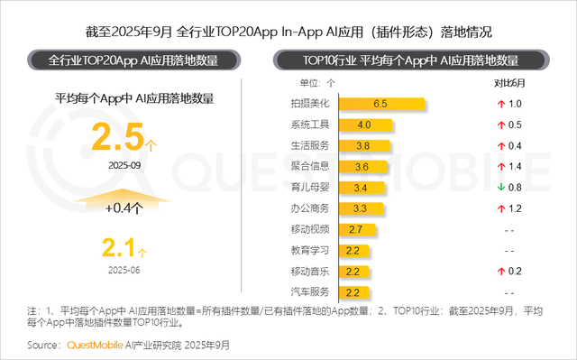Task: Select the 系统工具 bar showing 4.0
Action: [x=364, y=125]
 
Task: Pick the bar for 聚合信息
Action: [x=362, y=167]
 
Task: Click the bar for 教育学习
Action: [x=353, y=250]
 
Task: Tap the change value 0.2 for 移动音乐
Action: [x=516, y=271]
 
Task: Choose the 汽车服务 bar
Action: [x=353, y=292]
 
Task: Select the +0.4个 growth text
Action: [x=125, y=208]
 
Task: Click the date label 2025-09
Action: [x=125, y=166]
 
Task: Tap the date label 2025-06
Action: [x=125, y=269]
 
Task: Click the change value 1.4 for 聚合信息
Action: [x=516, y=167]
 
